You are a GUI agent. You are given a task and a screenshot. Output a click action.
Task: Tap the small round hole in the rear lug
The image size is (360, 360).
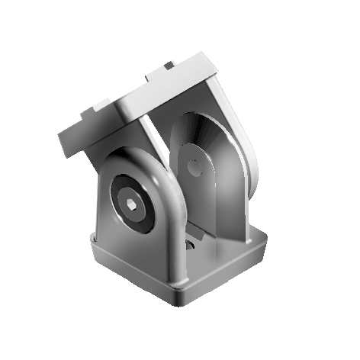point(196,169)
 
